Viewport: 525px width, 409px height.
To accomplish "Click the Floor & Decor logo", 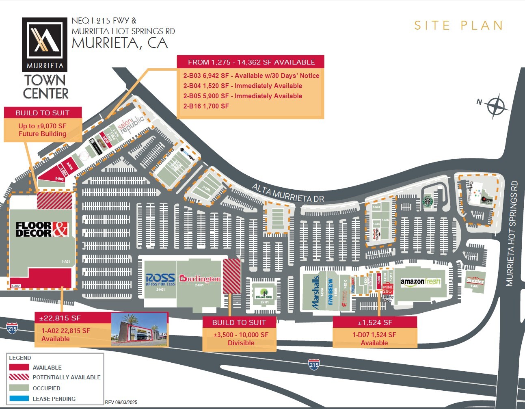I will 42,229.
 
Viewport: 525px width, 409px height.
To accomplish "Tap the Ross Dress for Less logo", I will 160,279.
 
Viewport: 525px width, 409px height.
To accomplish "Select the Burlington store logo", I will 200,279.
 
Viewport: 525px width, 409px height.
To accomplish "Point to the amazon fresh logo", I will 420,282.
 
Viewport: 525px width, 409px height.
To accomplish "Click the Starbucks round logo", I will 427,201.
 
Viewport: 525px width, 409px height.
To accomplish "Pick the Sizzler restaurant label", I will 475,281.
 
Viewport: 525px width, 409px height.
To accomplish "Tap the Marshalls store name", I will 315,292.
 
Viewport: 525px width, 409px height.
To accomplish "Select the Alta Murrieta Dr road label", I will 287,193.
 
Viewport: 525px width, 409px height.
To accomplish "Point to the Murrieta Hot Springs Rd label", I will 512,234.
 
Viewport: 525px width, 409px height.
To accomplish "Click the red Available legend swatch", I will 19,367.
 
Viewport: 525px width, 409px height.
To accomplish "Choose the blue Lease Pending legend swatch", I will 19,398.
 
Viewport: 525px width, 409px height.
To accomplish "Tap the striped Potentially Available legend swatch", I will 19,377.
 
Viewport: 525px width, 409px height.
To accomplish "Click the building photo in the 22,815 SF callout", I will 139,329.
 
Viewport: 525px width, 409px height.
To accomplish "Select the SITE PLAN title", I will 458,26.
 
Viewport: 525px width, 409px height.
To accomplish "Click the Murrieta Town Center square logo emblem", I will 44,40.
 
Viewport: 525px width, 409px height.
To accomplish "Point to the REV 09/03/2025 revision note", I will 121,403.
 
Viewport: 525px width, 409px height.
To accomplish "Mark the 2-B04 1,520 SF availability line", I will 242,86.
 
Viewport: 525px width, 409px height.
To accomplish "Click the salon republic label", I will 131,124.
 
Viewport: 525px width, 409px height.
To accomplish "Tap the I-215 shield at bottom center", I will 313,364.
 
